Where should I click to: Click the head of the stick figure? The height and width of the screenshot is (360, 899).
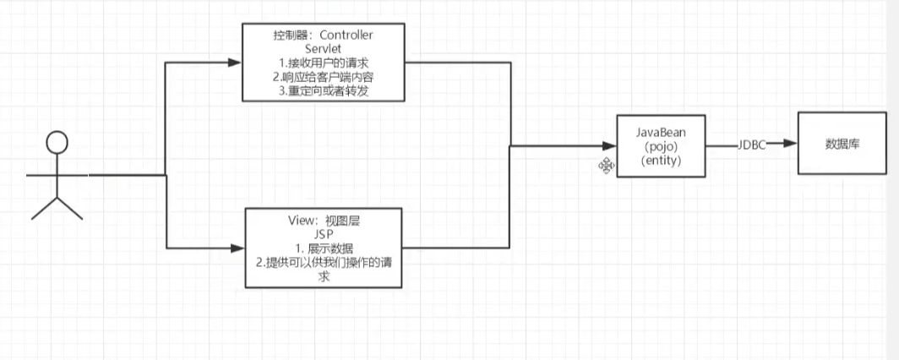pyautogui.click(x=57, y=143)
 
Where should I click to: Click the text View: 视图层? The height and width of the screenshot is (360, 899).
pyautogui.click(x=322, y=220)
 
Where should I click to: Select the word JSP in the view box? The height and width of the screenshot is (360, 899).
pyautogui.click(x=322, y=233)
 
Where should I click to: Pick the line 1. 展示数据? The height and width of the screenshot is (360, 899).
pyautogui.click(x=322, y=248)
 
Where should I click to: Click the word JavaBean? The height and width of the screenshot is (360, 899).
pyautogui.click(x=660, y=134)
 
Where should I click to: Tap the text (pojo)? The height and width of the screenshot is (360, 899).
pyautogui.click(x=660, y=147)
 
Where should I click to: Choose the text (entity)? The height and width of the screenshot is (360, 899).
pyautogui.click(x=660, y=161)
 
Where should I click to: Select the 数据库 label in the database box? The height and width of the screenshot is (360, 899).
pyautogui.click(x=842, y=144)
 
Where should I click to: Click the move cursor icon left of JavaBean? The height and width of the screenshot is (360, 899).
pyautogui.click(x=606, y=166)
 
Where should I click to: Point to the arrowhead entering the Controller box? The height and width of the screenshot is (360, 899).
pyautogui.click(x=236, y=63)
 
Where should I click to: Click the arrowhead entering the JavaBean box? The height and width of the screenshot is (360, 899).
pyautogui.click(x=610, y=145)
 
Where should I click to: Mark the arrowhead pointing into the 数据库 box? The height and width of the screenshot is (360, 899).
pyautogui.click(x=791, y=145)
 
